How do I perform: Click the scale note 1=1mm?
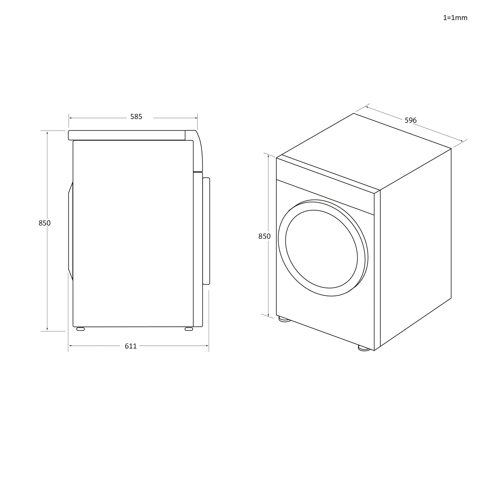coord(455,18)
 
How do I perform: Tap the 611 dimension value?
coord(131,346)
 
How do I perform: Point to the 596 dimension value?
coord(410,120)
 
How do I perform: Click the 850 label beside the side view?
coord(44,223)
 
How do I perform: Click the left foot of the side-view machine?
coord(80,329)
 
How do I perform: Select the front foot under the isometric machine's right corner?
coord(364,348)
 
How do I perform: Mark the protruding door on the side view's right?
coord(206,231)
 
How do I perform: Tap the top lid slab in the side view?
coord(127,135)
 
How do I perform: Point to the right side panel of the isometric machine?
coord(416,246)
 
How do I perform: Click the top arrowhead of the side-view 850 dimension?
coord(47,133)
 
